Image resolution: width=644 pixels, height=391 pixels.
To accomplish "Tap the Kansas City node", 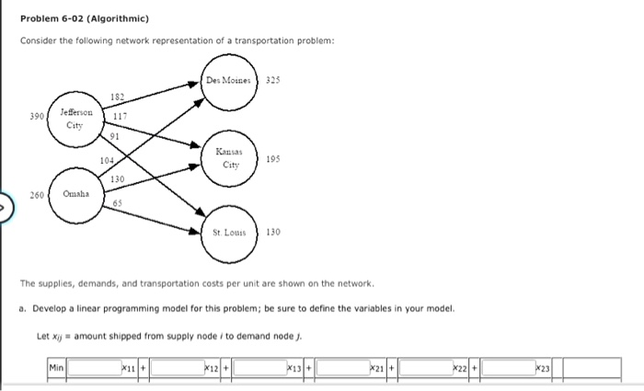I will (228, 157).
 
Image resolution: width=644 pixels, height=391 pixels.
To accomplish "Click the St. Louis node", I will (228, 233).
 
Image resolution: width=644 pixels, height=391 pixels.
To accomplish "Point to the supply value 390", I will (37, 117).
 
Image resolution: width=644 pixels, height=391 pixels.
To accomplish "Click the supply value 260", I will (37, 194).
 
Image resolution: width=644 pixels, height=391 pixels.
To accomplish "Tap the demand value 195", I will (273, 158).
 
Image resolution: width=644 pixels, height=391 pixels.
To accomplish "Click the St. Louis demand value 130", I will (273, 233).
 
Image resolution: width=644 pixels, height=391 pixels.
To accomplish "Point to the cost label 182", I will (117, 97).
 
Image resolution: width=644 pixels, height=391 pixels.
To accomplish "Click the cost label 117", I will (120, 117).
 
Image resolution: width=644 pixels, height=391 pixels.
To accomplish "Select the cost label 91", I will (115, 137).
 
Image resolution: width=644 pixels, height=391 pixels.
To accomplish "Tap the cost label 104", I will (107, 159).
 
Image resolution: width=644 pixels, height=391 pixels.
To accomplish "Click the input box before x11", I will (94, 368).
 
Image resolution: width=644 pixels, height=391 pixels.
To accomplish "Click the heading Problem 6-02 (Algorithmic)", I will (84, 18).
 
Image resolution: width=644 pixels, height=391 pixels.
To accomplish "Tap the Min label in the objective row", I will (57, 368).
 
